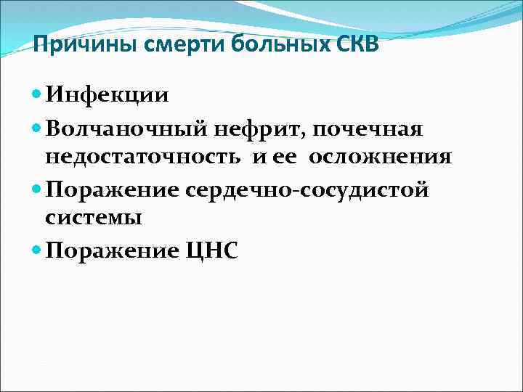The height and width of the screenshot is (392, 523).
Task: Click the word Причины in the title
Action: [69, 46]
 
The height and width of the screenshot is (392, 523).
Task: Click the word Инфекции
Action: [107, 95]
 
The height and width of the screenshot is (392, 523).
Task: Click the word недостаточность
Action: [144, 157]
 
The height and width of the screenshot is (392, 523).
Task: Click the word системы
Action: [93, 218]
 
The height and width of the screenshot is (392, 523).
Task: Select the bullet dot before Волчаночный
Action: [38, 128]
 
